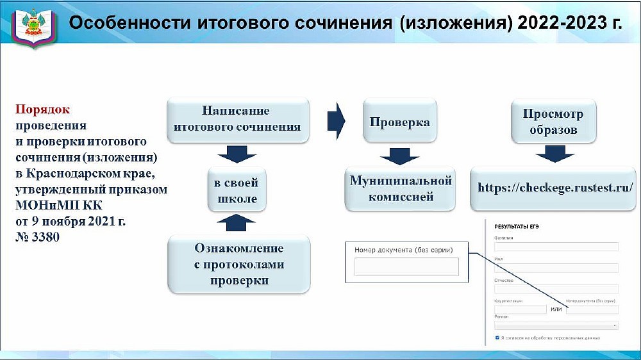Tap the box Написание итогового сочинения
tap(237, 119)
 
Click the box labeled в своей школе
tap(236, 190)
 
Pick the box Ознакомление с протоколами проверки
tap(238, 265)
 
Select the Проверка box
tap(399, 121)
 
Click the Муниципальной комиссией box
tap(401, 189)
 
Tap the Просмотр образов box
tap(553, 122)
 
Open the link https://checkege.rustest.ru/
tap(555, 188)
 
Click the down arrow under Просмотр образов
tap(554, 154)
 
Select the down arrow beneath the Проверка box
tap(399, 156)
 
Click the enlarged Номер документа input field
tap(406, 266)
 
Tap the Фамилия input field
tap(556, 247)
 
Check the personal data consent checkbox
tap(497, 337)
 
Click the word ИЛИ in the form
tap(556, 309)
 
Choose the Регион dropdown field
tap(556, 325)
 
